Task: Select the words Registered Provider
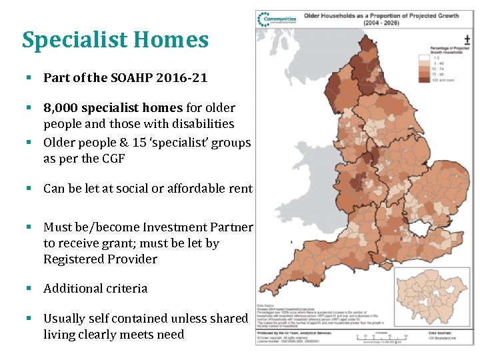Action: (x=100, y=259)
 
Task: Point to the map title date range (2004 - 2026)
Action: (x=381, y=23)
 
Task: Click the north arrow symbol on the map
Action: (x=466, y=41)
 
